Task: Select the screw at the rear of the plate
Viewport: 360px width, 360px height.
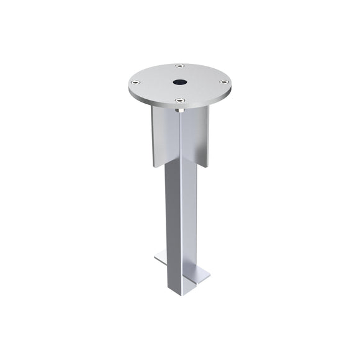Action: point(179,66)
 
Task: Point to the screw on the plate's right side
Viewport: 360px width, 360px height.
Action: point(222,81)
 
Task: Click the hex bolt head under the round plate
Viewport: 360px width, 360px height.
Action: point(179,110)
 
